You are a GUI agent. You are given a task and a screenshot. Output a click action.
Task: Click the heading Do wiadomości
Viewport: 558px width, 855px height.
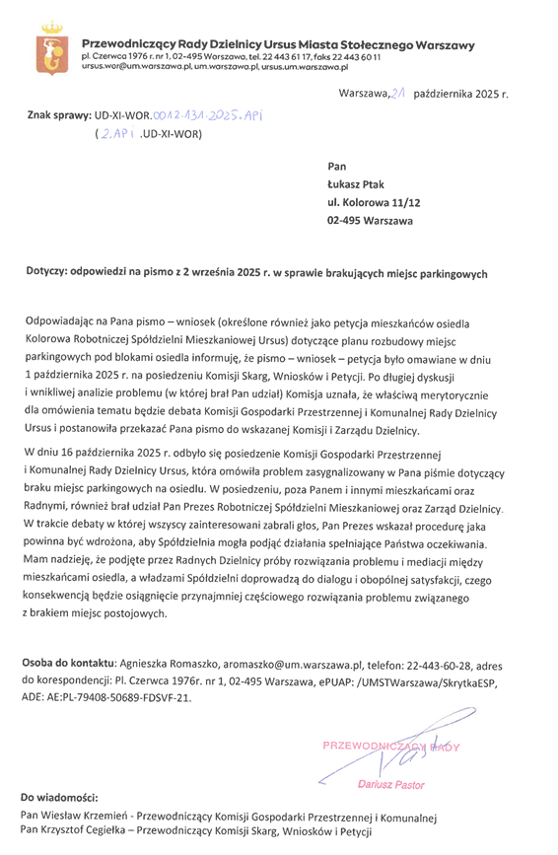pos(60,796)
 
